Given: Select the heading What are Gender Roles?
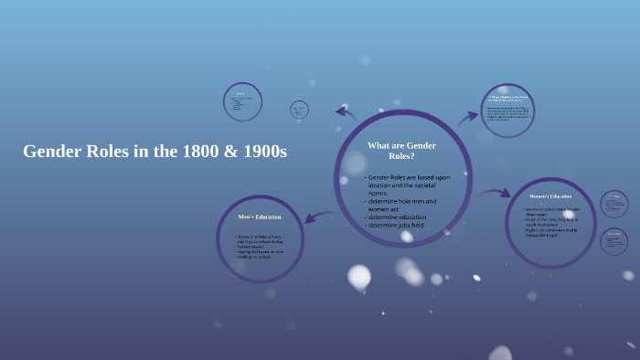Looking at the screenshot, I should point(401,151).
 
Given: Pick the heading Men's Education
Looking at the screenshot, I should point(260,217).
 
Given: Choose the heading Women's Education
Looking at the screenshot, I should point(550,196).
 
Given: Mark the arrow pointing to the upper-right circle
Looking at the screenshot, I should point(468,116).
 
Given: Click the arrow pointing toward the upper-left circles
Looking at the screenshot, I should point(346,112).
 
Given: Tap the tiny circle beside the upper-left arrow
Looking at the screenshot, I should point(300,111).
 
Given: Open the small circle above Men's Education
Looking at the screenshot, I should point(242,102).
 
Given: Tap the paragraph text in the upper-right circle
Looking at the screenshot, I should point(507,113).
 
